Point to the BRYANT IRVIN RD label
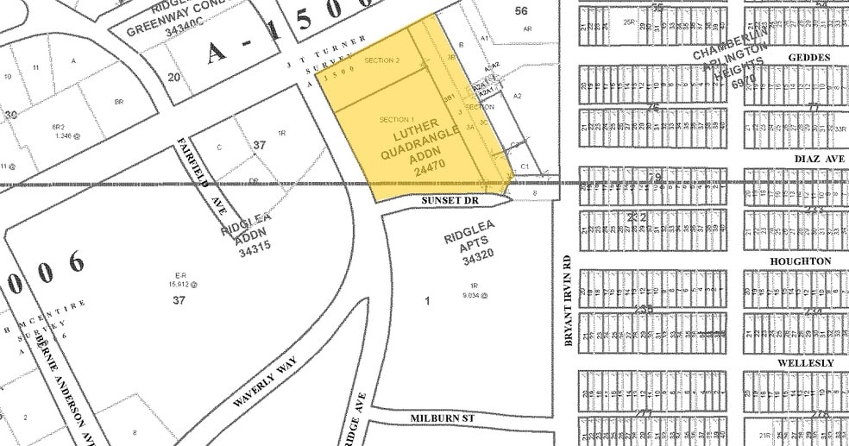[x=567, y=300]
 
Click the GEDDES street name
[x=808, y=58]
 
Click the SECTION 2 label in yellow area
[x=382, y=60]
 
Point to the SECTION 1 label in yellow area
[x=397, y=118]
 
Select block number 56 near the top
[x=520, y=10]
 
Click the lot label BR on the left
[x=119, y=102]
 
